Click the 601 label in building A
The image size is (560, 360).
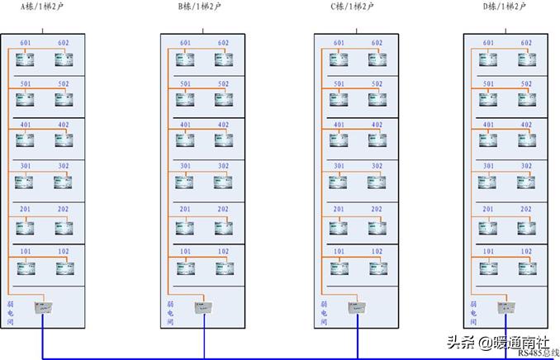[25, 43]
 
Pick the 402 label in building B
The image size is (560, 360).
[223, 126]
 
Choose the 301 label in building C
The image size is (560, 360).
[339, 167]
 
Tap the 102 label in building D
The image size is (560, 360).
[526, 251]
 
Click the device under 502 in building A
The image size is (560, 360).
[64, 99]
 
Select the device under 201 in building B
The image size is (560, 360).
[185, 225]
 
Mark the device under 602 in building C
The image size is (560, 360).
[377, 59]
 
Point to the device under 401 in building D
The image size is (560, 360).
[487, 141]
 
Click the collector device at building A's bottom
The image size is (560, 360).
[42, 307]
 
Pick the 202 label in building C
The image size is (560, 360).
[377, 210]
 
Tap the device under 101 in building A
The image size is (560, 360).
[25, 267]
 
